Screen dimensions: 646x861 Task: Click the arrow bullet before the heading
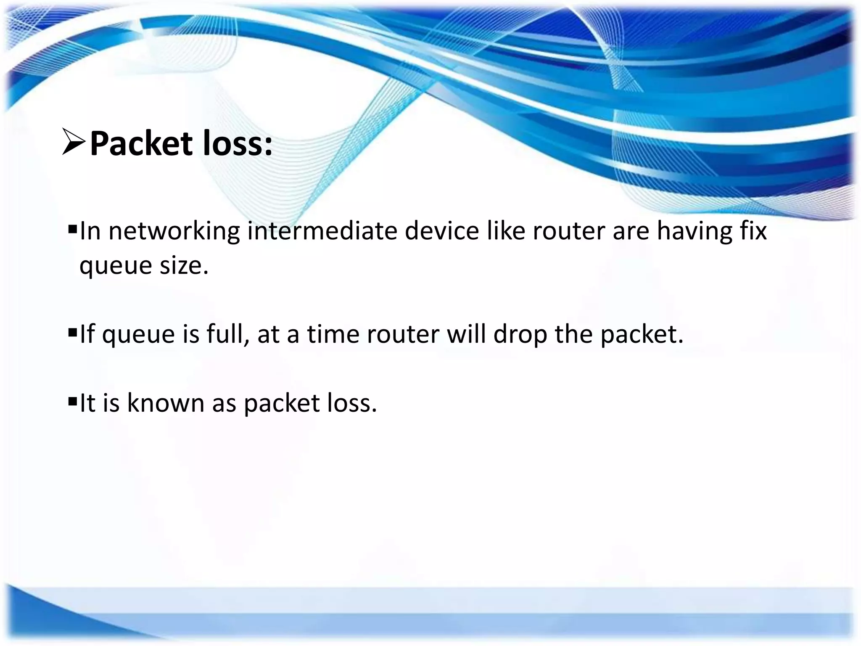pyautogui.click(x=74, y=142)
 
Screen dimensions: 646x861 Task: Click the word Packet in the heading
pyautogui.click(x=141, y=144)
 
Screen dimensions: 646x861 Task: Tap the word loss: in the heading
pyautogui.click(x=238, y=144)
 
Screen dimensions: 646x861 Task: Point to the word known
pyautogui.click(x=166, y=403)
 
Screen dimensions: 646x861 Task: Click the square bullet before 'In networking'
pyautogui.click(x=72, y=230)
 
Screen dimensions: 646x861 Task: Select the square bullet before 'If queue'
pyautogui.click(x=72, y=333)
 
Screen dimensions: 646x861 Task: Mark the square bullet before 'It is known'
pyautogui.click(x=72, y=402)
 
